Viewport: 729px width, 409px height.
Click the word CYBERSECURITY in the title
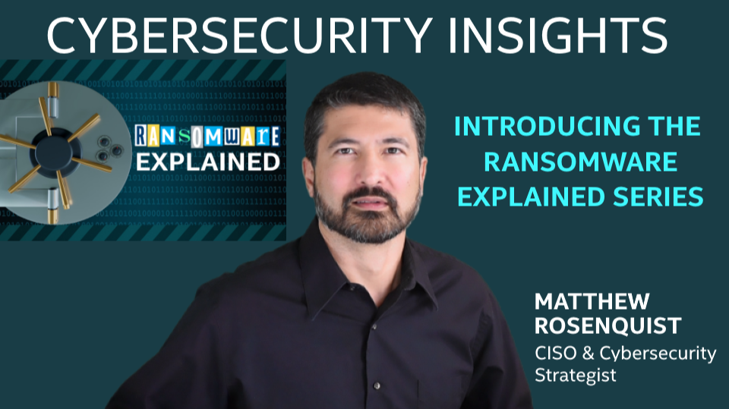pyautogui.click(x=240, y=36)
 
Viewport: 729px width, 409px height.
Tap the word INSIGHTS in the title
pyautogui.click(x=558, y=36)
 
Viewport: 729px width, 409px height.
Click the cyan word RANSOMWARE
pyautogui.click(x=580, y=162)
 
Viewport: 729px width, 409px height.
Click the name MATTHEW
pyautogui.click(x=592, y=302)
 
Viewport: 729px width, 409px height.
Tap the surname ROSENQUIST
pyautogui.click(x=608, y=326)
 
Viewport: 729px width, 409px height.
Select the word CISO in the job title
pyautogui.click(x=556, y=354)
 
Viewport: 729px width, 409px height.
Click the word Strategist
pyautogui.click(x=576, y=375)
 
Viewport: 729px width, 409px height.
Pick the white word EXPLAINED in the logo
pyautogui.click(x=208, y=162)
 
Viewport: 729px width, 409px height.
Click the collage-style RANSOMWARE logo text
pyautogui.click(x=207, y=136)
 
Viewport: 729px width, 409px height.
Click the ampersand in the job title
pyautogui.click(x=588, y=354)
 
